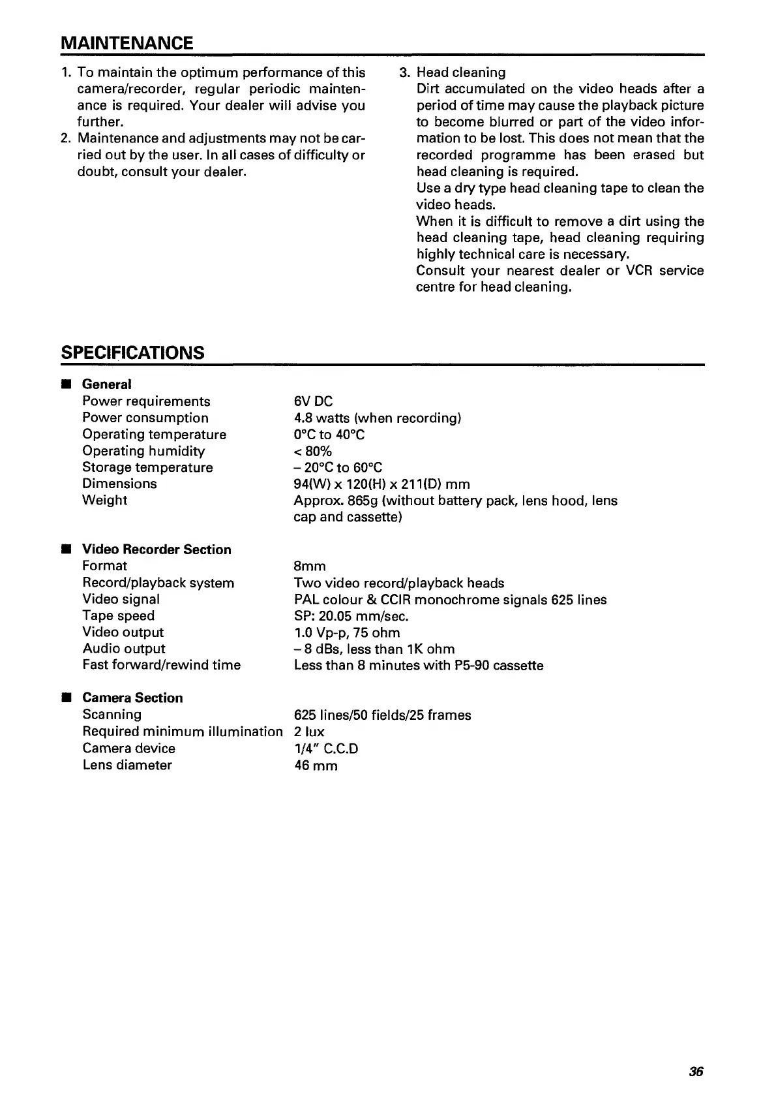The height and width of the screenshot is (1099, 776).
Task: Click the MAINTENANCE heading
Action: point(127,43)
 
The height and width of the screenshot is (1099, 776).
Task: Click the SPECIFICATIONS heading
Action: point(132,352)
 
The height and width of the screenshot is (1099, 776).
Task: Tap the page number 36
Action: point(696,1072)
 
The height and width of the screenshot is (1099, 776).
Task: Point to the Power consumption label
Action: point(145,418)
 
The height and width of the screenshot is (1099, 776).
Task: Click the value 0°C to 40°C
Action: point(329,435)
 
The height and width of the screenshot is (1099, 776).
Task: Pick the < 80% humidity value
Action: point(313,451)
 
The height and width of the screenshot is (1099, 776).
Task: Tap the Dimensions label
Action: point(119,484)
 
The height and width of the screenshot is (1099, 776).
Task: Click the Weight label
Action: point(104,501)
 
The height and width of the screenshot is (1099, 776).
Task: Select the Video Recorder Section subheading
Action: point(157,549)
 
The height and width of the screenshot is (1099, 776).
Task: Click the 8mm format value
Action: point(310,566)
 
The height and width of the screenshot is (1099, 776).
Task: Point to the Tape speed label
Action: point(118,615)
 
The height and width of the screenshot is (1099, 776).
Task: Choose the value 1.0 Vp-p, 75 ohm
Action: point(347,632)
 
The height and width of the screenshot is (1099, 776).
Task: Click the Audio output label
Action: point(124,649)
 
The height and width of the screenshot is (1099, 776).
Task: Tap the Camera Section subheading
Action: point(132,698)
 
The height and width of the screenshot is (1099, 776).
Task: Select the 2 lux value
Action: point(309,732)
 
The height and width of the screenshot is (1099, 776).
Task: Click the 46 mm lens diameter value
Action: point(316,765)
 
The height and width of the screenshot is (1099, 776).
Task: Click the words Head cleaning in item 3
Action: point(461,72)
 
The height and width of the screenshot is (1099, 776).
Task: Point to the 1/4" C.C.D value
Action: point(326,749)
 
